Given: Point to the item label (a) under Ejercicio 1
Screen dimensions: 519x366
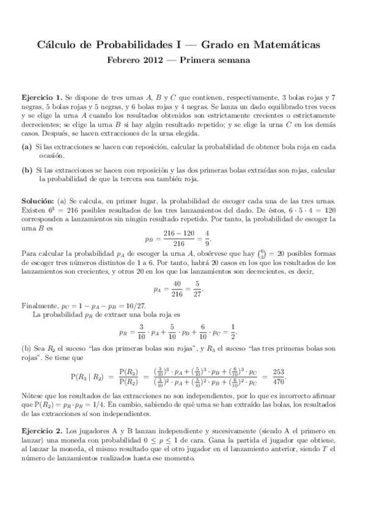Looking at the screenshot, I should click(x=27, y=147).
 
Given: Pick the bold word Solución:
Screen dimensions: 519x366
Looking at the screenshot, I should click(x=38, y=201).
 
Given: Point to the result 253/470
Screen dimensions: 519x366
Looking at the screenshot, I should click(x=279, y=376).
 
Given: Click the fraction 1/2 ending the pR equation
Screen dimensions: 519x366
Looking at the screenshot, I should click(x=231, y=332).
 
